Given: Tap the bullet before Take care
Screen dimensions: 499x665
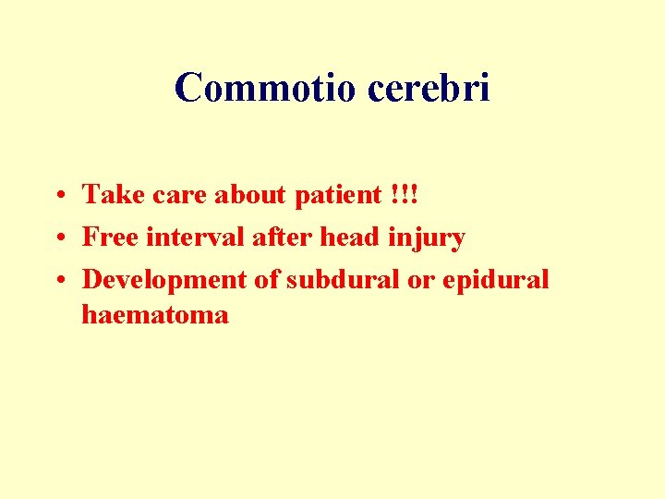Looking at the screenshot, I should pyautogui.click(x=58, y=195).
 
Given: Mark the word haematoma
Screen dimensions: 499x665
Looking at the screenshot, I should pyautogui.click(x=155, y=315).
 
